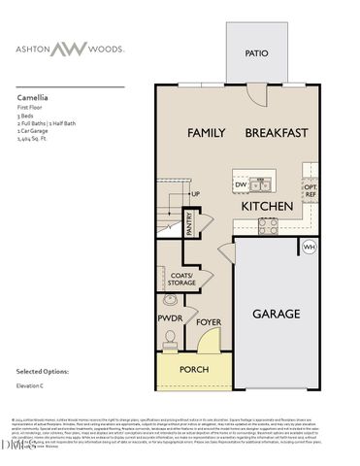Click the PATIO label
[256, 54]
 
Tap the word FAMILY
[206, 132]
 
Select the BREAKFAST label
[277, 132]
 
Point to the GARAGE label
[277, 314]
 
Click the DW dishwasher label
[241, 183]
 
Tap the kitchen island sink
[261, 184]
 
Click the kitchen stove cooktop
[268, 226]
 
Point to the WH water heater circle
[310, 248]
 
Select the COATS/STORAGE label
[181, 279]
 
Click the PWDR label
[170, 317]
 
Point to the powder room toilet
[170, 339]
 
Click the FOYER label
[209, 321]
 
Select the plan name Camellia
[34, 98]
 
